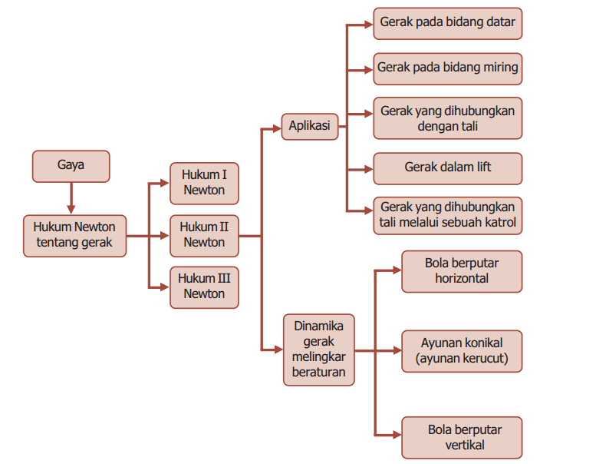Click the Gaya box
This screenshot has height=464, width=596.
click(x=71, y=166)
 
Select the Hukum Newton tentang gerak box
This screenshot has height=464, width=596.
click(x=74, y=235)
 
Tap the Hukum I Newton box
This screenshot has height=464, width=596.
click(x=204, y=183)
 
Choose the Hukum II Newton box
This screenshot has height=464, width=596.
click(x=204, y=235)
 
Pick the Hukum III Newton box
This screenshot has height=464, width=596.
click(x=204, y=287)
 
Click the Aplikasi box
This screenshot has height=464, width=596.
click(x=310, y=126)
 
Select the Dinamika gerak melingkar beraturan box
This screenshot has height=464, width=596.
click(x=318, y=349)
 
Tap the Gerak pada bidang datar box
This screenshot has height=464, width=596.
click(x=447, y=23)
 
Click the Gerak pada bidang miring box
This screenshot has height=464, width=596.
click(x=447, y=68)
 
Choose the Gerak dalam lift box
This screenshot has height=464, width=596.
click(x=447, y=167)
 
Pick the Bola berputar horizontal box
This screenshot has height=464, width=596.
click(x=461, y=271)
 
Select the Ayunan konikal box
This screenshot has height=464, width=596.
click(x=461, y=350)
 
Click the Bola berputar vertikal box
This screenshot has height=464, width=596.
click(x=461, y=437)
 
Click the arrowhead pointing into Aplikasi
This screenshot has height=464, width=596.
click(x=277, y=128)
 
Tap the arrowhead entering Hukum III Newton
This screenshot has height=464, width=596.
click(x=164, y=287)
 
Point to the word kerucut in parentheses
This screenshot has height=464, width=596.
click(x=482, y=358)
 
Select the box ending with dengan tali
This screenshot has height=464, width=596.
click(x=447, y=118)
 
